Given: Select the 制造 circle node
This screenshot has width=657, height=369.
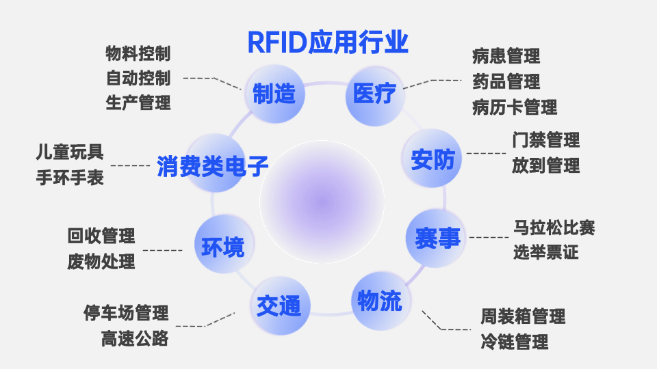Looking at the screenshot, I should click(274, 94).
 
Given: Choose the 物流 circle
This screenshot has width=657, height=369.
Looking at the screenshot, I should click(380, 300).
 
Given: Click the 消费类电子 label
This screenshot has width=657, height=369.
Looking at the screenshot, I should click(212, 166).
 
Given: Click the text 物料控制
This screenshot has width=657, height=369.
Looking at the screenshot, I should click(138, 53).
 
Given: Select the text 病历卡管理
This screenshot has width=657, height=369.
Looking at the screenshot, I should click(514, 107).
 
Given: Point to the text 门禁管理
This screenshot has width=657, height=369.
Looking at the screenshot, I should click(545, 140).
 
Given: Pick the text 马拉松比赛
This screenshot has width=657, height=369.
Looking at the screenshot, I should click(554, 228).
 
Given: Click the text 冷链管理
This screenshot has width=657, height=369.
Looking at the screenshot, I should click(514, 342).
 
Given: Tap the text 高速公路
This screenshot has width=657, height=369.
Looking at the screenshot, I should click(135, 339).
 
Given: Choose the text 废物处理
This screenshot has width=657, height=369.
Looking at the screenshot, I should click(101, 262).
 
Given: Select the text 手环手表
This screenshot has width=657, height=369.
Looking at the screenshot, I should click(70, 178).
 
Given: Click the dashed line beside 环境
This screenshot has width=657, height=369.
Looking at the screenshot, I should click(162, 250).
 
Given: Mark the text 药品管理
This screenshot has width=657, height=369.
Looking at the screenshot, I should click(506, 82).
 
